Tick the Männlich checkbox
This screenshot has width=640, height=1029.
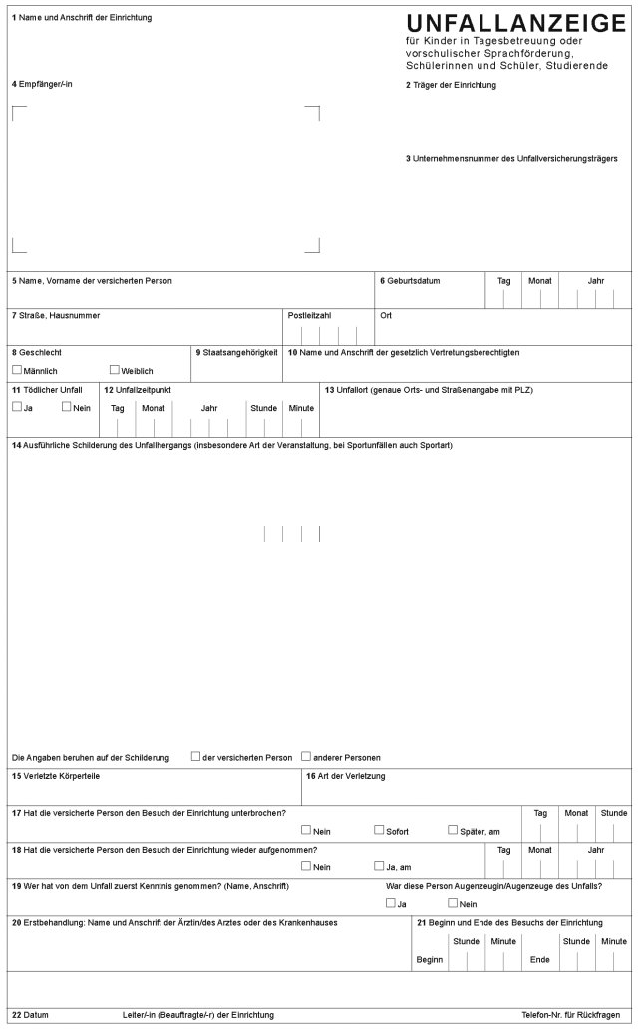click(x=17, y=370)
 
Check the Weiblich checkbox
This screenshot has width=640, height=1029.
click(x=115, y=370)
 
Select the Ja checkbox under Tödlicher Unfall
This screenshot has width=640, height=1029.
click(x=17, y=407)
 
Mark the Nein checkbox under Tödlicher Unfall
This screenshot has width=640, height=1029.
click(x=66, y=407)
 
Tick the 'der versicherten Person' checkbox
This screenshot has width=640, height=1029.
click(x=195, y=756)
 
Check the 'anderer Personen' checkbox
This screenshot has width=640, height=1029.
click(x=306, y=756)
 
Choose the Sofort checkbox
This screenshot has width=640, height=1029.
click(x=379, y=830)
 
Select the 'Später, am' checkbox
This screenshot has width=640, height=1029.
click(x=453, y=830)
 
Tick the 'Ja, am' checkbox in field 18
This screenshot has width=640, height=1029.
click(x=379, y=866)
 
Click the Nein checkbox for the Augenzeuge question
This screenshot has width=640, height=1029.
click(x=453, y=903)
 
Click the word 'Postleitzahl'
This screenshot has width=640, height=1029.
click(x=309, y=315)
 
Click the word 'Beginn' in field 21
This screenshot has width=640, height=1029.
click(x=428, y=960)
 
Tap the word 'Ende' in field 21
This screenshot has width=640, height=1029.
click(x=540, y=960)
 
